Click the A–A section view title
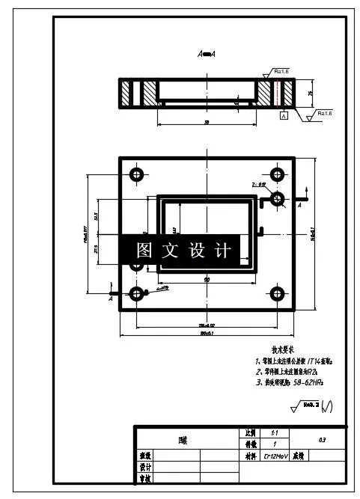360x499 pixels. [x=207, y=54]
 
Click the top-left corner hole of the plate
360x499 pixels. [x=136, y=175]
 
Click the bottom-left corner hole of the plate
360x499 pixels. [x=136, y=293]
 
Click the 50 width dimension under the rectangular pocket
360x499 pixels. [x=205, y=279]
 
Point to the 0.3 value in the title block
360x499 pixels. [x=322, y=438]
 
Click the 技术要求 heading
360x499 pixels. [x=283, y=349]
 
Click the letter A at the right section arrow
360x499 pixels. [x=299, y=204]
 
